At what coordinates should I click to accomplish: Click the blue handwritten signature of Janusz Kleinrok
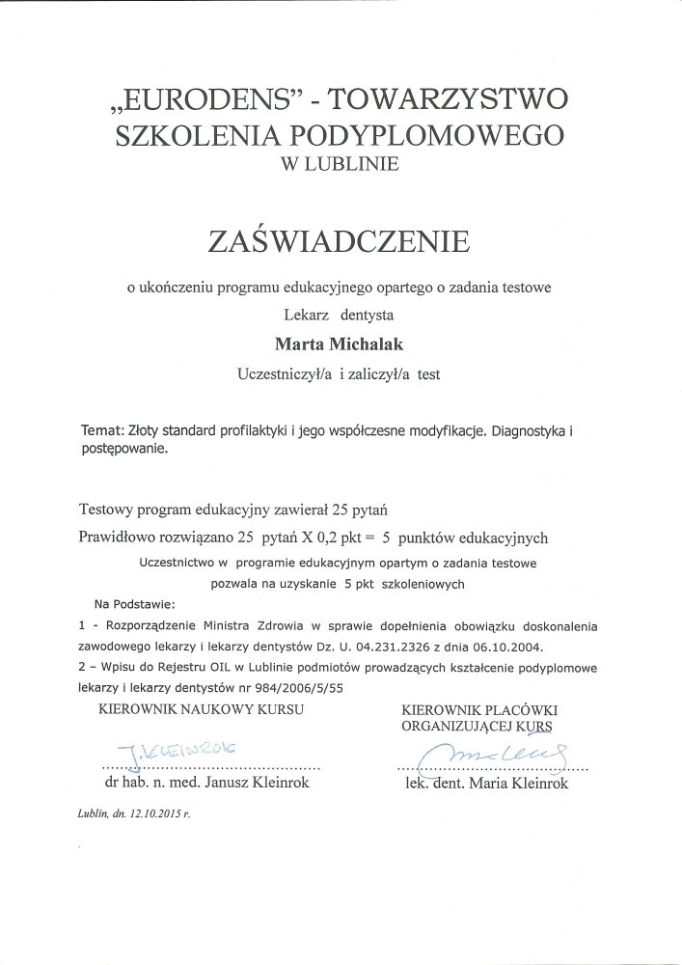[179, 749]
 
